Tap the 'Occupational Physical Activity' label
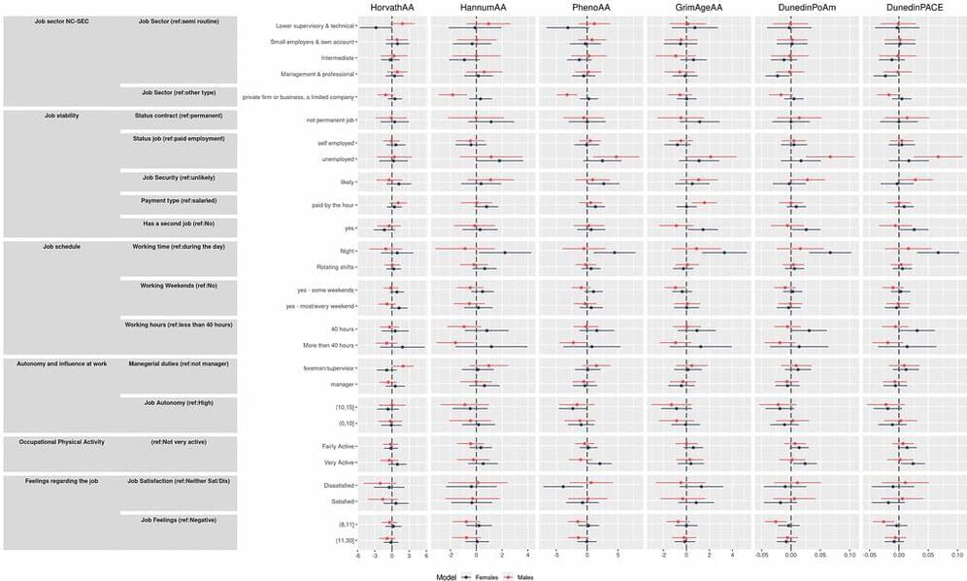(x=61, y=442)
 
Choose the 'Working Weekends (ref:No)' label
(x=177, y=285)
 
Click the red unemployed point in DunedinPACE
(x=939, y=156)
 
